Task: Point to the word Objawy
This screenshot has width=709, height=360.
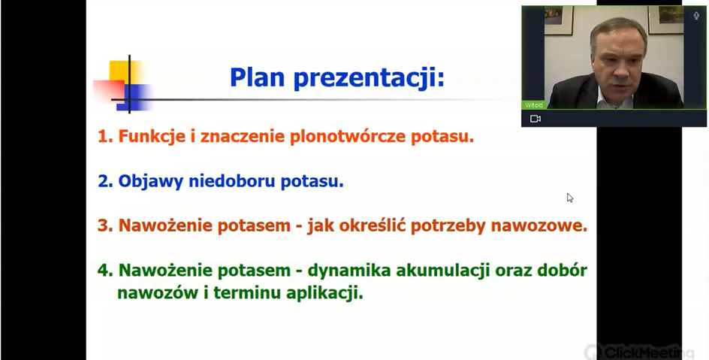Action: click(x=150, y=182)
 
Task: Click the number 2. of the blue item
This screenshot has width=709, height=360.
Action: click(x=105, y=181)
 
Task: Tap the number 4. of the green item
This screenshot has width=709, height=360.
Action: click(x=105, y=271)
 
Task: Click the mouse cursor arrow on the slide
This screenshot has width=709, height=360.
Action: click(x=570, y=198)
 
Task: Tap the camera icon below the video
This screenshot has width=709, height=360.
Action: click(x=536, y=119)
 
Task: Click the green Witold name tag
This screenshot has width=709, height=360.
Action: click(x=534, y=105)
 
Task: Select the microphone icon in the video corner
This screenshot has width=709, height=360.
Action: click(x=696, y=16)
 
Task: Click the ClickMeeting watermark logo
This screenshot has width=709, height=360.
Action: click(x=639, y=352)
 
